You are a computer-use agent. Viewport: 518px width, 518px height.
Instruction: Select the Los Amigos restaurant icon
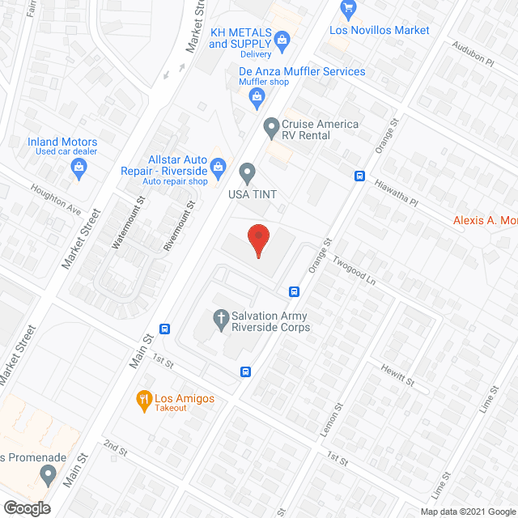click(x=143, y=398)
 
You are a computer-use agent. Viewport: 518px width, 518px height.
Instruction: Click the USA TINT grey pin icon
click(x=248, y=172)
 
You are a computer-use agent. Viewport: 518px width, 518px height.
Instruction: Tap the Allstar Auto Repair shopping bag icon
click(x=218, y=168)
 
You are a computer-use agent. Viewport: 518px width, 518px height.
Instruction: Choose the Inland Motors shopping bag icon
click(x=79, y=168)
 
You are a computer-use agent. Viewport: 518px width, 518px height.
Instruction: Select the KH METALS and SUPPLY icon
click(x=282, y=38)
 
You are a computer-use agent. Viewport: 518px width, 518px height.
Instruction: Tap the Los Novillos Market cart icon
click(x=350, y=11)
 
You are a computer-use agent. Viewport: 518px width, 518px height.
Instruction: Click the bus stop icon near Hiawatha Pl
click(x=359, y=176)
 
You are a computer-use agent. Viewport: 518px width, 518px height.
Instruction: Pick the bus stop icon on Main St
click(x=165, y=329)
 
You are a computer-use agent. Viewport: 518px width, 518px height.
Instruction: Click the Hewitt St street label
click(x=398, y=374)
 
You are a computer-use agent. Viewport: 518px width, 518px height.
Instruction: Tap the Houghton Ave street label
click(x=56, y=198)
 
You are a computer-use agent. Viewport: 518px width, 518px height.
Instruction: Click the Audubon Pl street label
click(x=473, y=53)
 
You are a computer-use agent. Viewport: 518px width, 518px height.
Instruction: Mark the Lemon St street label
click(x=330, y=420)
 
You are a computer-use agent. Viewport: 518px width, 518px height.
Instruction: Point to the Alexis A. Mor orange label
click(x=485, y=219)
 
